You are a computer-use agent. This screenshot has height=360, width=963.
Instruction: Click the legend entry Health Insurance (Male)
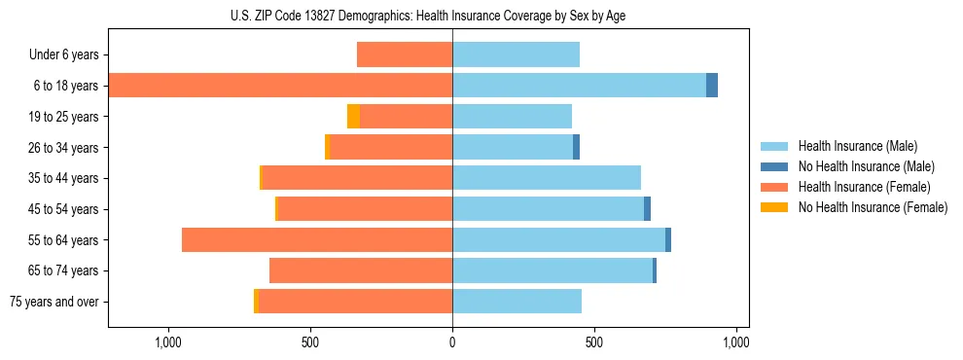tap(857, 146)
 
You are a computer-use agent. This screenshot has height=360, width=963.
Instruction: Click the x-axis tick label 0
tap(452, 343)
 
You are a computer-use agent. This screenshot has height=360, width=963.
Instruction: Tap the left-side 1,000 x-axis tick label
tap(168, 343)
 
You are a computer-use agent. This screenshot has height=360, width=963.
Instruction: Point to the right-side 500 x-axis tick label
tap(594, 343)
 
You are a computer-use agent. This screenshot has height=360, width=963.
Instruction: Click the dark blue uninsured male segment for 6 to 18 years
tap(712, 86)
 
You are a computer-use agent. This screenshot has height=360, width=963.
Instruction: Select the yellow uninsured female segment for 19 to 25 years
tap(353, 117)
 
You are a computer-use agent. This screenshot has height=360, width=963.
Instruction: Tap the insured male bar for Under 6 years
tap(516, 55)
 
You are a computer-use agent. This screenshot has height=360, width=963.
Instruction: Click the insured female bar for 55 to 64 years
tap(317, 240)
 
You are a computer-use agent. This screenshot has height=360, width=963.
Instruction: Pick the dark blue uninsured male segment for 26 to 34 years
tap(576, 148)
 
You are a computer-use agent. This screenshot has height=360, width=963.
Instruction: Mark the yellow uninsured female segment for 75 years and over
tap(256, 302)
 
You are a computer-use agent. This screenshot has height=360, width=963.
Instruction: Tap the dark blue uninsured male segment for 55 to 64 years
tap(668, 240)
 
